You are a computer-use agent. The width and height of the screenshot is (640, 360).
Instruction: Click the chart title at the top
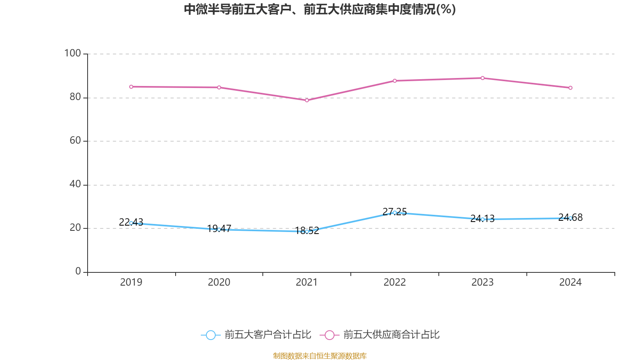pos(320,9)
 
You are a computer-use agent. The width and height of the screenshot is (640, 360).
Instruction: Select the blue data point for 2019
pos(131,223)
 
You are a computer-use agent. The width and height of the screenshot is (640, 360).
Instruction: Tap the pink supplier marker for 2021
pos(307,100)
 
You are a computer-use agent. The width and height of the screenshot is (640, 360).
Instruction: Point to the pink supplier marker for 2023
pos(482,78)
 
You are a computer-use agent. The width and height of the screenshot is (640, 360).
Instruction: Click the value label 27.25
pos(394,212)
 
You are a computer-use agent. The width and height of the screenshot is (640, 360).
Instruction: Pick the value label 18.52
pos(307,230)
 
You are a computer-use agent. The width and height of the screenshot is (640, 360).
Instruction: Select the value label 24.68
pos(570,217)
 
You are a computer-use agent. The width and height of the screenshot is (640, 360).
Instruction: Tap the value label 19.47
pos(219,228)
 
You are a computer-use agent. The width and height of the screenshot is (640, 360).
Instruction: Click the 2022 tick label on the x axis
pos(394,282)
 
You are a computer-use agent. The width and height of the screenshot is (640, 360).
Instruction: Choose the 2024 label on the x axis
pos(570,282)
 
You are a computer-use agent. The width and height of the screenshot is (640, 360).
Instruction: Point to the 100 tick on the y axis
pos(73,53)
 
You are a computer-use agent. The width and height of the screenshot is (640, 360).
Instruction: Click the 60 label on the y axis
pos(75,140)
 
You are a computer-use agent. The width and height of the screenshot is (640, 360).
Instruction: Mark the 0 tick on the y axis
pos(78,272)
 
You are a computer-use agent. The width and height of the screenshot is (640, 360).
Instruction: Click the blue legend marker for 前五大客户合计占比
pos(210,335)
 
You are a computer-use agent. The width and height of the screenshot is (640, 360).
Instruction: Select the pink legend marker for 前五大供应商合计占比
pos(329,335)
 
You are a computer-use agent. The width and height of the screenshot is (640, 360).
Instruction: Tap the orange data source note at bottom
pos(320,356)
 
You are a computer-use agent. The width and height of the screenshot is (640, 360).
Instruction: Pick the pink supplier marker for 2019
pos(131,86)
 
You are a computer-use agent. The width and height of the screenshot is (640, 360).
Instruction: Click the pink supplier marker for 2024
pos(570,88)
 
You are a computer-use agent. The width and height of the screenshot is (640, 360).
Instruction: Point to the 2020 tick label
pos(219,282)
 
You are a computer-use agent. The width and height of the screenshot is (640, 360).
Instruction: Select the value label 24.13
pos(482,218)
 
